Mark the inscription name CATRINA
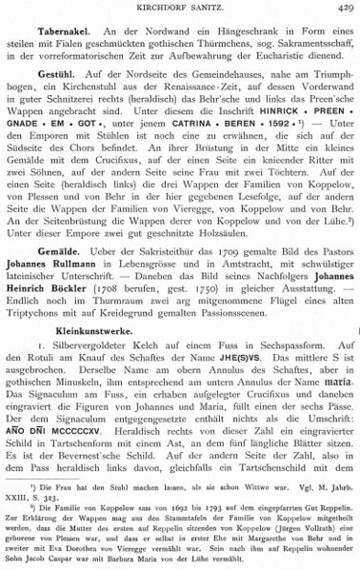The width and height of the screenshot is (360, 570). click(x=183, y=136)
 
